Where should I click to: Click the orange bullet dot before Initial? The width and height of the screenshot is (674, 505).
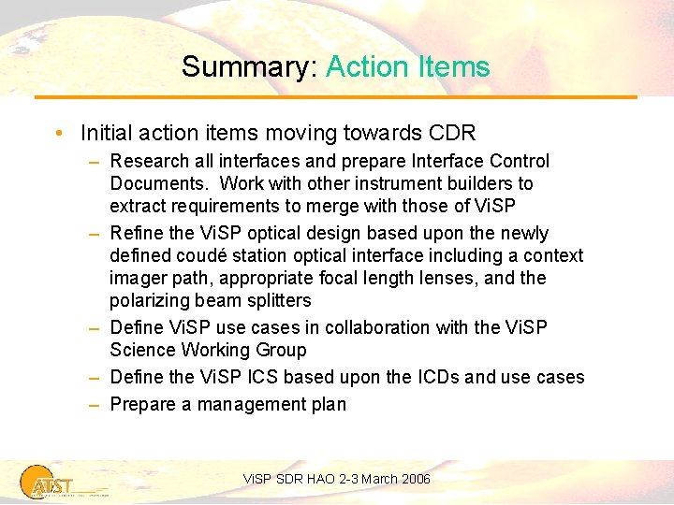tap(59, 133)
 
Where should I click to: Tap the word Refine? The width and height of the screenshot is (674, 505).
tap(138, 233)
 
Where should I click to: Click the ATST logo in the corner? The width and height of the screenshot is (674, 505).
tap(47, 480)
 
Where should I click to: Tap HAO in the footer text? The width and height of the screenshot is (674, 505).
tap(315, 479)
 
